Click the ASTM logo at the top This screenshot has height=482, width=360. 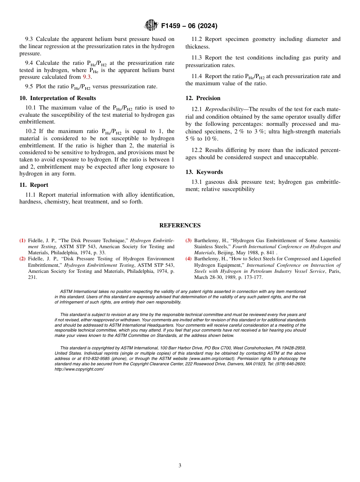[x=151, y=26]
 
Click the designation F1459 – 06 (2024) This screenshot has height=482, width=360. [x=189, y=26]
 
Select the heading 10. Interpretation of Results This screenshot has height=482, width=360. [x=58, y=98]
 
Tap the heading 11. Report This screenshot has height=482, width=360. [x=34, y=185]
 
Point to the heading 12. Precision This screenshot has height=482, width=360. [x=203, y=98]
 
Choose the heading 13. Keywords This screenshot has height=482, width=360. [x=204, y=172]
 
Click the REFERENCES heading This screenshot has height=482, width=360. [x=180, y=225]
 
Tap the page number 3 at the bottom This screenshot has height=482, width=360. [x=180, y=466]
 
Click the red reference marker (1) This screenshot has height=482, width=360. [x=22, y=241]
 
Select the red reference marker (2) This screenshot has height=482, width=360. [x=22, y=259]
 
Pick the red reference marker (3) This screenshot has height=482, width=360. [x=188, y=241]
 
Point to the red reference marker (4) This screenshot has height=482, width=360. [x=188, y=259]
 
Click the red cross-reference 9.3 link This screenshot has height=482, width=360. [x=87, y=77]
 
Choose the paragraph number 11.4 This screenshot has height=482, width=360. [x=197, y=76]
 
